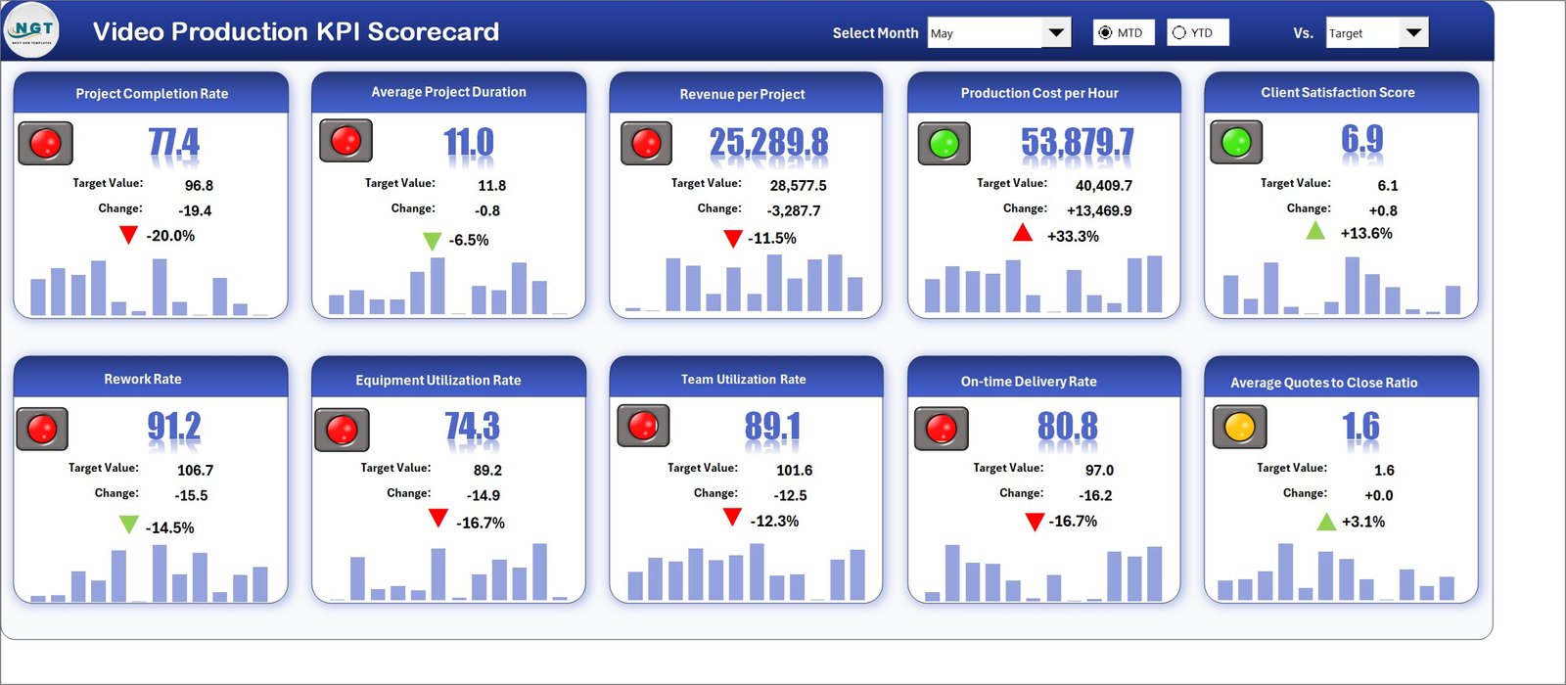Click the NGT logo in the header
tap(32, 31)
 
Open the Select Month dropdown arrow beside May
tap(1056, 32)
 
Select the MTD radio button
tap(1106, 32)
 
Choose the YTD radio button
tap(1179, 32)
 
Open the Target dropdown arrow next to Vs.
tap(1413, 32)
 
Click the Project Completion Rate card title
tap(152, 94)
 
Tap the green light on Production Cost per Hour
tap(944, 144)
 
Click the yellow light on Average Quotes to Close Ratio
tap(1239, 428)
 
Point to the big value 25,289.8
tap(768, 143)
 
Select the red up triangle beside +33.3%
tap(1022, 233)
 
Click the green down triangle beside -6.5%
tap(432, 241)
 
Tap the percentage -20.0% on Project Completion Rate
tap(170, 236)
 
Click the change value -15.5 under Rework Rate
tap(191, 495)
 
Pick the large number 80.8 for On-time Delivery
tap(1067, 427)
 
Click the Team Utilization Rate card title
tap(744, 380)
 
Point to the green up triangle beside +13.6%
tap(1315, 231)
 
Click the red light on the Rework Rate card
tap(42, 429)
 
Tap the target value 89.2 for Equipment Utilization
tap(487, 470)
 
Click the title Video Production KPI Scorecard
tap(296, 31)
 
